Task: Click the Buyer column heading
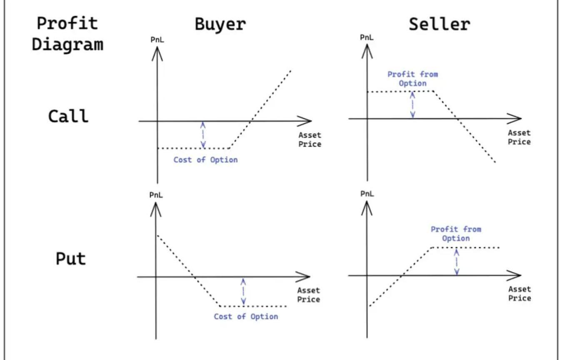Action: [x=220, y=24]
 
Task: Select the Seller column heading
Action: [x=439, y=24]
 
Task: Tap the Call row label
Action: [x=68, y=116]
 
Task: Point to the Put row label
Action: [x=70, y=258]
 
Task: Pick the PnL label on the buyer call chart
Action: [x=157, y=40]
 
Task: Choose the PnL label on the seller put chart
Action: [x=367, y=194]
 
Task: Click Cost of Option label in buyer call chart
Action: [x=205, y=160]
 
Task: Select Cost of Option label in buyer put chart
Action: [x=246, y=317]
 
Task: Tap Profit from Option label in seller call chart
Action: [x=412, y=79]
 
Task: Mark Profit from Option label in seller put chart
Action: [x=456, y=234]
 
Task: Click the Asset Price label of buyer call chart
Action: [x=310, y=140]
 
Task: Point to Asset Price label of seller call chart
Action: [x=519, y=137]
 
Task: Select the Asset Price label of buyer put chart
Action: [x=309, y=295]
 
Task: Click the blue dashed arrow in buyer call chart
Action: [x=203, y=135]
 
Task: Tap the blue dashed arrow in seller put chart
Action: [x=457, y=262]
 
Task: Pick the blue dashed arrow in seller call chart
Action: [x=412, y=105]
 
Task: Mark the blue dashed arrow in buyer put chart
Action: [x=243, y=291]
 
